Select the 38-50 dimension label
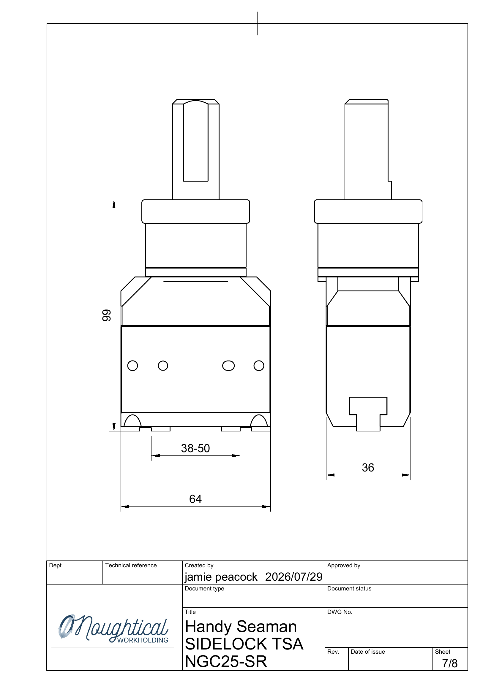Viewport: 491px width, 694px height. point(195,448)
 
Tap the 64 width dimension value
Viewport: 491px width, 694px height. point(195,499)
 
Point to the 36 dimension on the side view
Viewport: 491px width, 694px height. point(368,468)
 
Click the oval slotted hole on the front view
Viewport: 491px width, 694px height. point(228,366)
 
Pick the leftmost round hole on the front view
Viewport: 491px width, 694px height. point(132,366)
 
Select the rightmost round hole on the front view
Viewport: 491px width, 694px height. point(259,366)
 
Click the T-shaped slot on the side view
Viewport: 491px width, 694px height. point(368,414)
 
